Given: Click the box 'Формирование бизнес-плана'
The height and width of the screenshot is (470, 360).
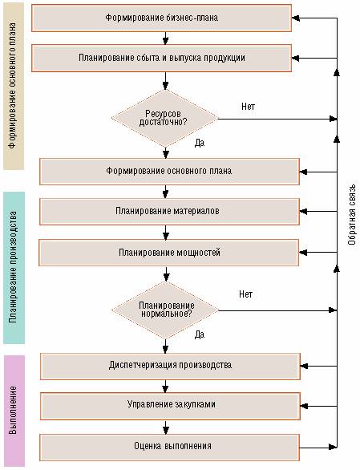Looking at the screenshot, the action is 162,18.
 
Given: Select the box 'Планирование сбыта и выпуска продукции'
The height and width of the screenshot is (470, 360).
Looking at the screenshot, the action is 162,59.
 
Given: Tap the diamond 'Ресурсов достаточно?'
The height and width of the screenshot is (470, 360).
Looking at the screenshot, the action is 165,119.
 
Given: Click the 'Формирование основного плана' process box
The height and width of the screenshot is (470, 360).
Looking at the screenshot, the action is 169,172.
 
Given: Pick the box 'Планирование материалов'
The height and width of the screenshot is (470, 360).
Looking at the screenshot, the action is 169,211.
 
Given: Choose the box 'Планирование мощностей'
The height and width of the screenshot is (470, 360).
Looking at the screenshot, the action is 168,253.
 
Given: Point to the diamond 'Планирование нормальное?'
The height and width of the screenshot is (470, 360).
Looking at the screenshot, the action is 165,310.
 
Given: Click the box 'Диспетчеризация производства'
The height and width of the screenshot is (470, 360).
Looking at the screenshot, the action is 170,367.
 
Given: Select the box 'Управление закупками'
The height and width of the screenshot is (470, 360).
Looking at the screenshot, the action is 170,406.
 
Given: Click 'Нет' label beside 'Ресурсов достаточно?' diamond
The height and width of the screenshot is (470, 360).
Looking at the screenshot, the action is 249,107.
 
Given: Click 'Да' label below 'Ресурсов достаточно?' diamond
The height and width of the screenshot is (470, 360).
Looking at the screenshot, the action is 200,143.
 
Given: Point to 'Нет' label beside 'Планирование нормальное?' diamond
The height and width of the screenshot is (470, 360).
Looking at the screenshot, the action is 246,294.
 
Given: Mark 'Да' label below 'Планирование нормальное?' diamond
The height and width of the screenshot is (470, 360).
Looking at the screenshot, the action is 200,334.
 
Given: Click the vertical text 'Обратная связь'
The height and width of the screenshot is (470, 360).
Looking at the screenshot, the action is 352,214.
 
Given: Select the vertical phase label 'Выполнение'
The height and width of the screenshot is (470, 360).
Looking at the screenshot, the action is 13,411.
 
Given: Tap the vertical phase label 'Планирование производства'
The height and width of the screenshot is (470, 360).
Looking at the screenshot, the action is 13,267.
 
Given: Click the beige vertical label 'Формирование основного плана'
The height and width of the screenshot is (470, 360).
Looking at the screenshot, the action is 13,86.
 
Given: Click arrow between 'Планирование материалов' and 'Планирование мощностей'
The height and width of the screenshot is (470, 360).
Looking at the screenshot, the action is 165,233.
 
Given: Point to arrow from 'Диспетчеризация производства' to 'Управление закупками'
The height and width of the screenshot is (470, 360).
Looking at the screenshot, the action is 165,387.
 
